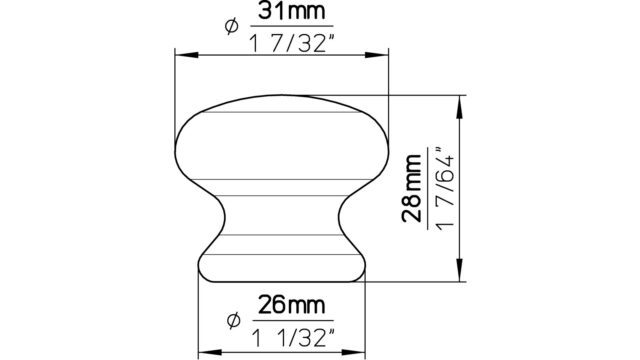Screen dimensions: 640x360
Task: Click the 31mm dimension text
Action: point(291,11)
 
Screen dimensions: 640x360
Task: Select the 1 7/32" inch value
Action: point(289,43)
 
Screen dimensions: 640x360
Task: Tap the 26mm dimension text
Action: point(292,305)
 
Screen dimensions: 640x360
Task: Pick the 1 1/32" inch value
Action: point(292,338)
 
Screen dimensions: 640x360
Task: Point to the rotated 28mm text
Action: point(411,188)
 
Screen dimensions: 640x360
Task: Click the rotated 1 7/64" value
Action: point(444,188)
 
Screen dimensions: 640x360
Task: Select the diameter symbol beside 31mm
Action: point(231,27)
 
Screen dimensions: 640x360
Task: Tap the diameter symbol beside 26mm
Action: point(233,321)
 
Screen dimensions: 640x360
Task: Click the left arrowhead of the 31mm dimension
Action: point(187,55)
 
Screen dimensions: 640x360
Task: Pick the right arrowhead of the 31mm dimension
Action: point(377,55)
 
